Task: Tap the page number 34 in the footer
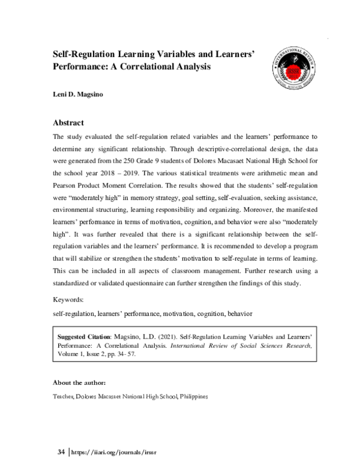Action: coord(60,451)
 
